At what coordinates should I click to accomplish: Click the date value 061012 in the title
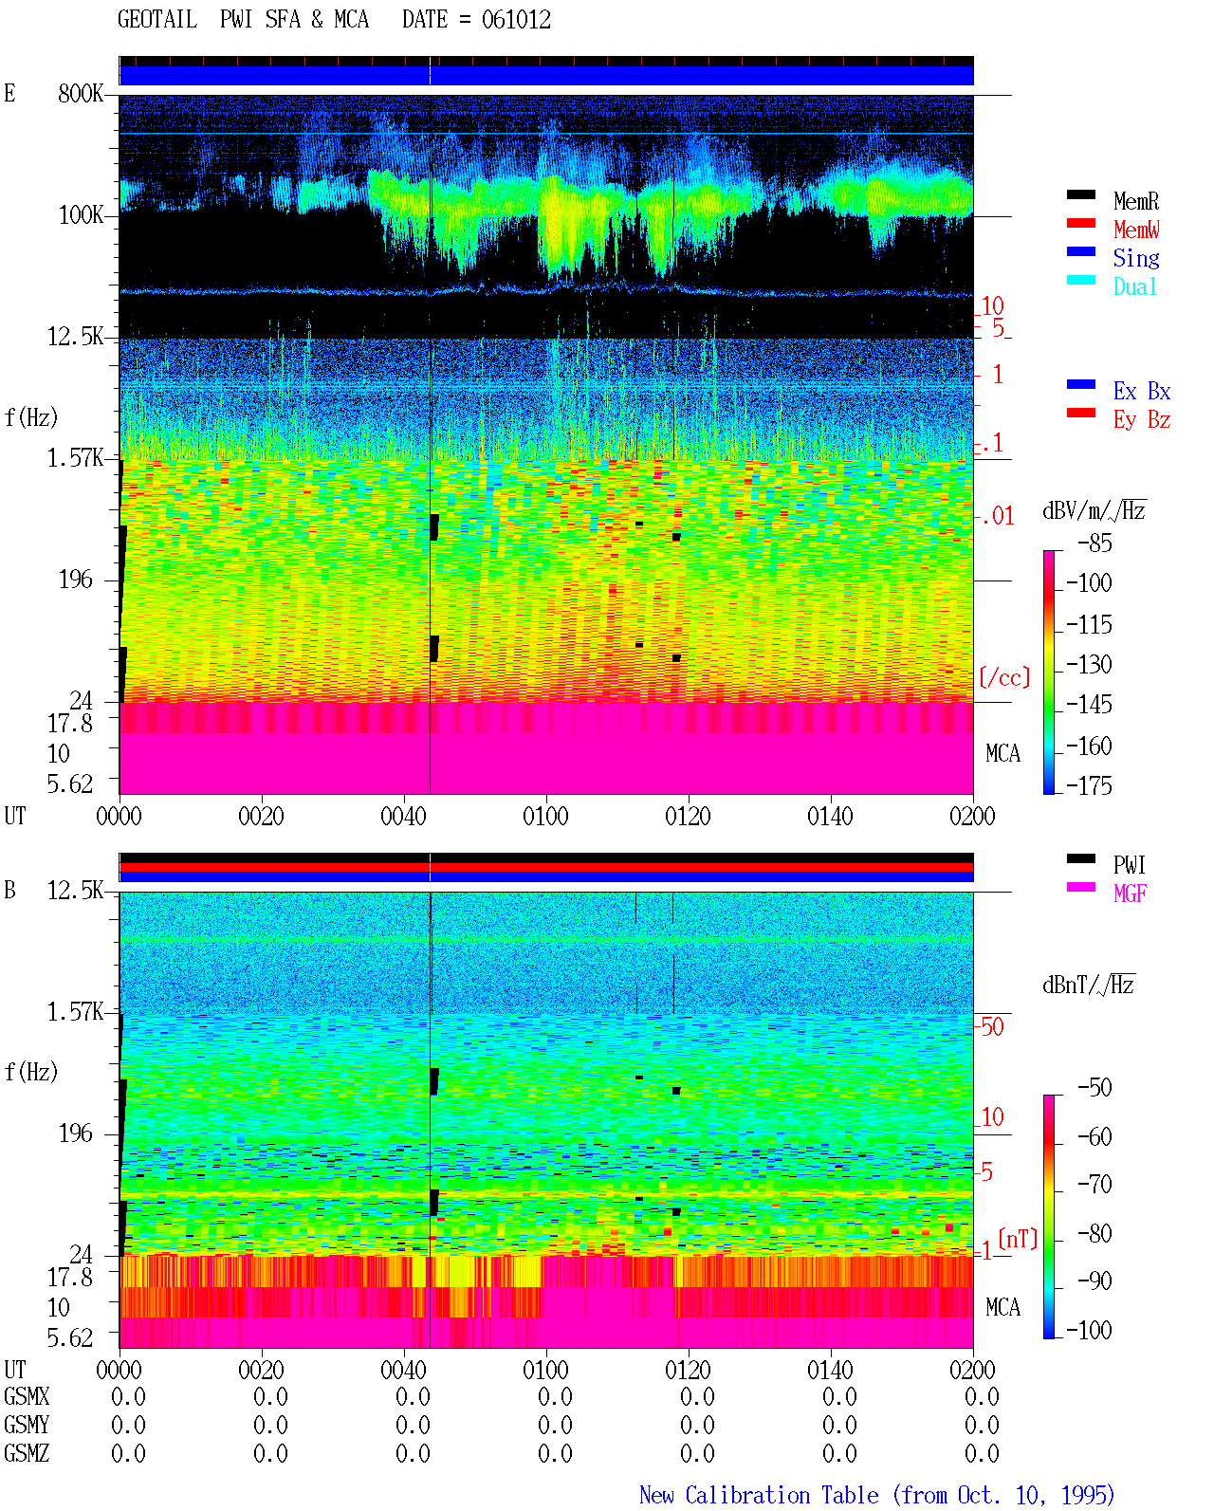(x=516, y=20)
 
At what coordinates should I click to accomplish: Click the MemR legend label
(x=1136, y=201)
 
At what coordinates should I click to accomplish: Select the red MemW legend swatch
(x=1080, y=223)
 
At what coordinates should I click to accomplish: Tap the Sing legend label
(x=1136, y=258)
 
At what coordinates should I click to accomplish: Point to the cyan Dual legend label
(x=1134, y=286)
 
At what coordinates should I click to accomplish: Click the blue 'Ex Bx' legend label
(x=1142, y=391)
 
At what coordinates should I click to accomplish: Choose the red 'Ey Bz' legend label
(x=1142, y=420)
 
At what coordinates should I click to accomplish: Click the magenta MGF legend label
(x=1131, y=894)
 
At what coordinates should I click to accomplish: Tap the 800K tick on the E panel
(x=81, y=93)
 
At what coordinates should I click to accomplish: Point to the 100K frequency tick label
(x=81, y=215)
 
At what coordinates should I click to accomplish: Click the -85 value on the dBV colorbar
(x=1094, y=543)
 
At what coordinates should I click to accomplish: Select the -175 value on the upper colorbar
(x=1089, y=785)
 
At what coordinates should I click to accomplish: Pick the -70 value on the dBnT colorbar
(x=1094, y=1184)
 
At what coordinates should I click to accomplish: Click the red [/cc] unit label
(x=1004, y=677)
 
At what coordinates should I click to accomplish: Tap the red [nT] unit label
(x=1018, y=1239)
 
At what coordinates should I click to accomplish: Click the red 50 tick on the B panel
(x=992, y=1026)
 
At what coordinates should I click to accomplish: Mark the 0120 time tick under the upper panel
(x=689, y=816)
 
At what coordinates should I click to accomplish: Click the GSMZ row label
(x=27, y=1453)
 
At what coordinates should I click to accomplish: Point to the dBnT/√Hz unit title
(x=1089, y=985)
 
